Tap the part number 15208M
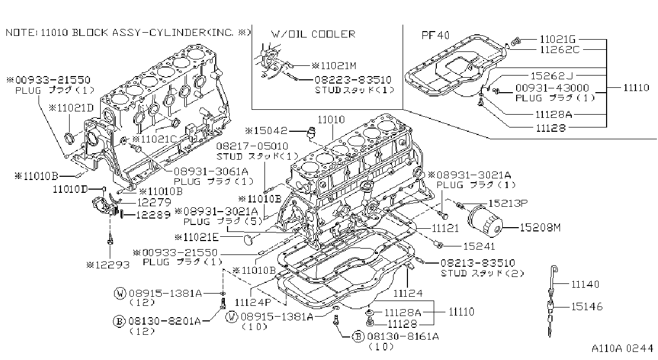[540, 228]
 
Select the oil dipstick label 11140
[585, 284]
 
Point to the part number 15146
[587, 306]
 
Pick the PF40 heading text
[435, 35]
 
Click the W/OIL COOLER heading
[313, 34]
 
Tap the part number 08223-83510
[353, 80]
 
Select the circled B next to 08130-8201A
[119, 321]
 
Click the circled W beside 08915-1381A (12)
[120, 293]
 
